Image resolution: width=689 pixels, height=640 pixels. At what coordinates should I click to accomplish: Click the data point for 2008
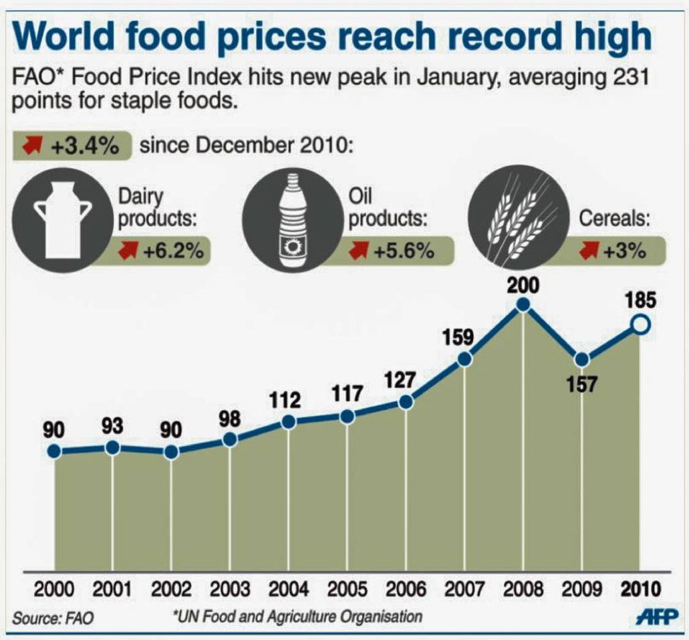[x=523, y=305]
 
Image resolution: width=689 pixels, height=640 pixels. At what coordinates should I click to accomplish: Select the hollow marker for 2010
[x=641, y=326]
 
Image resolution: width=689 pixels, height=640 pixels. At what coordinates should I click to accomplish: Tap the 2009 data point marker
[x=582, y=359]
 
